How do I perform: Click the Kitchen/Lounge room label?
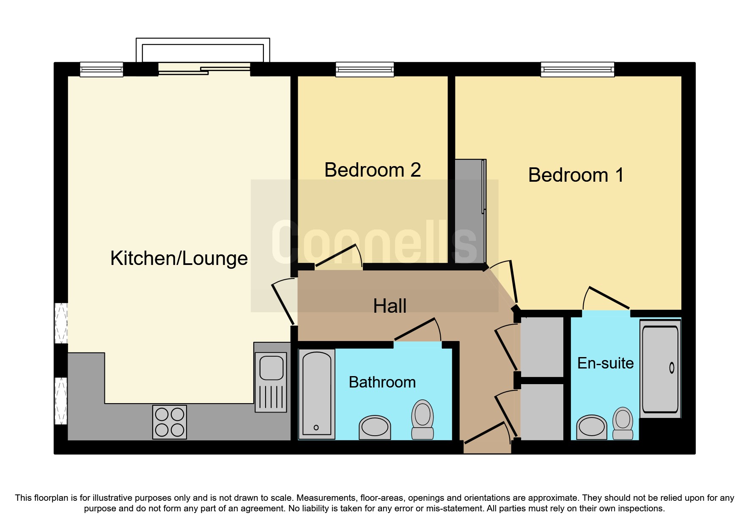click(x=179, y=258)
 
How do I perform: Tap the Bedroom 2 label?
click(x=373, y=170)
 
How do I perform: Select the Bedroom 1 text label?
click(x=576, y=175)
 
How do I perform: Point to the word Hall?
click(x=390, y=306)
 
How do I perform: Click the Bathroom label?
click(x=382, y=382)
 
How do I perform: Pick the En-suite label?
click(x=605, y=363)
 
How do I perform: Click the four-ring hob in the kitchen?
click(x=170, y=422)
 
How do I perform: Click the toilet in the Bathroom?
click(x=423, y=419)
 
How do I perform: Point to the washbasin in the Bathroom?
click(x=375, y=427)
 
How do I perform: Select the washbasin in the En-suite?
click(x=592, y=427)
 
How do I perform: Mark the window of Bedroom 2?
click(x=365, y=69)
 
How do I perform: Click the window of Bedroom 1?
click(x=577, y=69)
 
